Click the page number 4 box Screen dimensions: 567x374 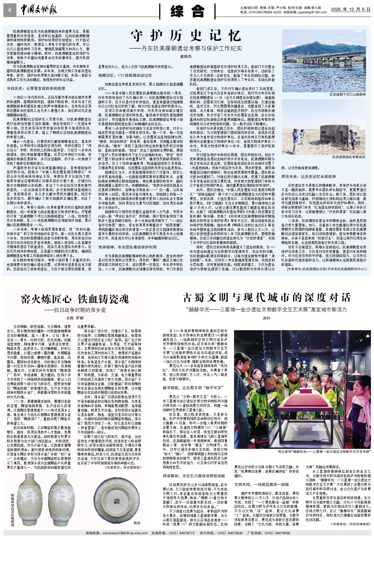[10, 10]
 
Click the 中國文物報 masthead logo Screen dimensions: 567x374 [39, 10]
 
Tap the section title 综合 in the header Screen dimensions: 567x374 [187, 11]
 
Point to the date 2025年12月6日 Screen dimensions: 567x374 [351, 9]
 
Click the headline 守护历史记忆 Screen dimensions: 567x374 [186, 36]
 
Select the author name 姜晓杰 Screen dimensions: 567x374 [186, 56]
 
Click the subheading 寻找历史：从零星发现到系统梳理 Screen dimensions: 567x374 [36, 88]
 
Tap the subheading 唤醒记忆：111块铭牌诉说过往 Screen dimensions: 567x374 [125, 75]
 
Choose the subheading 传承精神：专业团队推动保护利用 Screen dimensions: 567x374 [127, 247]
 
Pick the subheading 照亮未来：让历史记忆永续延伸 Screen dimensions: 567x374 [308, 176]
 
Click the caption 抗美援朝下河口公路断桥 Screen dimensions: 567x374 [347, 94]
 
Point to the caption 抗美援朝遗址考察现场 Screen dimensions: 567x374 [348, 157]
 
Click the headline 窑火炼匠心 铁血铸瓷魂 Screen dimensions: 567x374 [75, 299]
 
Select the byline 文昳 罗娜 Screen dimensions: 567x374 [75, 318]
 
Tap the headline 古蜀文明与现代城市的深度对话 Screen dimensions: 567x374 [267, 297]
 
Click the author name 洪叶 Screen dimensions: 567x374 [266, 318]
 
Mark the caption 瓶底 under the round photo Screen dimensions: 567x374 [137, 523]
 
